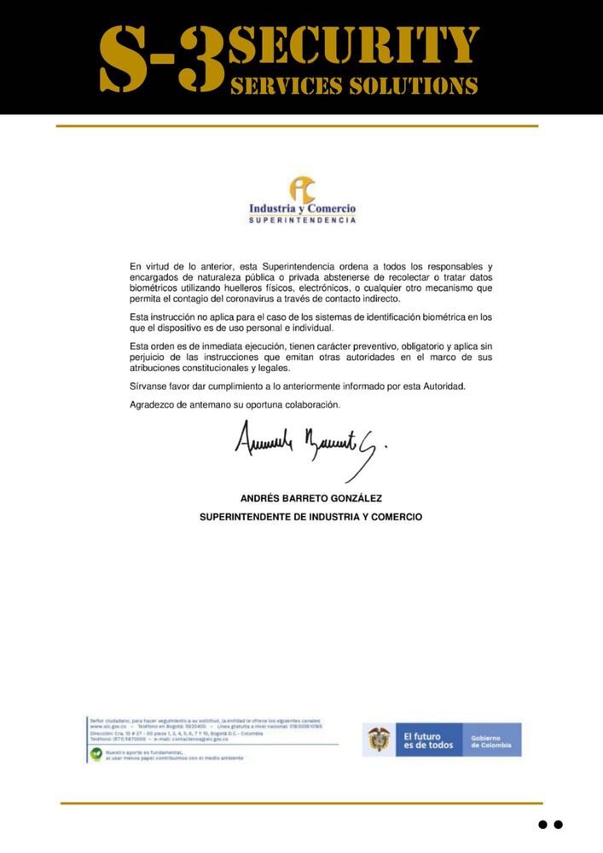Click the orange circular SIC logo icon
(302, 189)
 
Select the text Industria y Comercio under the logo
(302, 209)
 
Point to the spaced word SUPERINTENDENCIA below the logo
(302, 221)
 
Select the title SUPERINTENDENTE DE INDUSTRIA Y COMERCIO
(310, 517)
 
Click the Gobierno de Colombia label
(491, 740)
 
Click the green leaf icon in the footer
(96, 754)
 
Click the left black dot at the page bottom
(542, 825)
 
